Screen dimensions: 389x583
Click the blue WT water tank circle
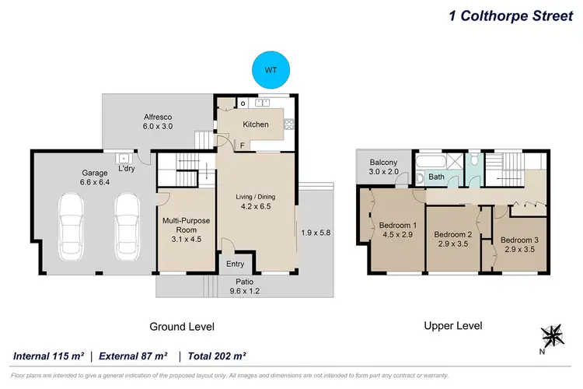click(x=271, y=69)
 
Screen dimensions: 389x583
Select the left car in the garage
click(x=72, y=220)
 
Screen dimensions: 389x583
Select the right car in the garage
click(x=127, y=220)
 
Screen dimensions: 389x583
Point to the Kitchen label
click(x=256, y=124)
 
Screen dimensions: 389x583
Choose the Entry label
click(x=235, y=265)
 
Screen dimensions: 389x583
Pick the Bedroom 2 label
click(x=453, y=240)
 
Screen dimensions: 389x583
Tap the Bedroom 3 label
click(x=518, y=245)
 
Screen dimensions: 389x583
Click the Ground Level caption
click(x=182, y=327)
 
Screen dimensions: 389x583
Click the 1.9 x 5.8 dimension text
click(x=316, y=231)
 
